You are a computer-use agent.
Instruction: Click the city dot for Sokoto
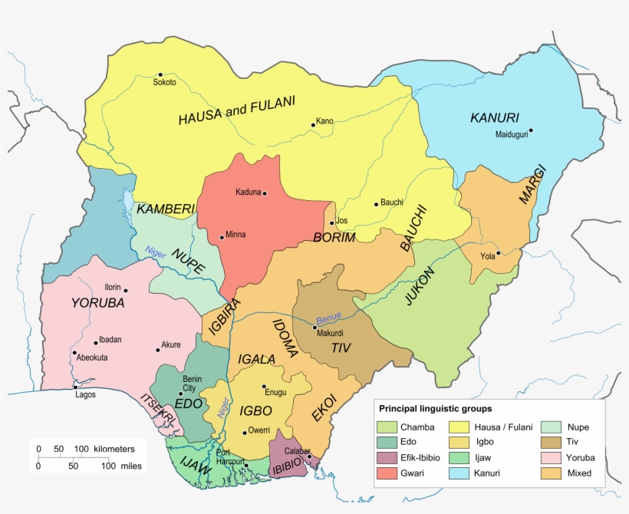160,74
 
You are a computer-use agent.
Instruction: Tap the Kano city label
324,121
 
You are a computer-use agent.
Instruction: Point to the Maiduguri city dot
530,130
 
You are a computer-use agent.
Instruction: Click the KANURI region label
494,118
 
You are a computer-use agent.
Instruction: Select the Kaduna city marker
265,193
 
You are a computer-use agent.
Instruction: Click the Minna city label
235,235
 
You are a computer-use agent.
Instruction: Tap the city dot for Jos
331,222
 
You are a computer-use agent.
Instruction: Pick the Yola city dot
498,253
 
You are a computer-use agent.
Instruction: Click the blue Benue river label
328,317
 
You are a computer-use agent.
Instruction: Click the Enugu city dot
264,386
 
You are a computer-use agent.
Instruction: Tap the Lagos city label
86,395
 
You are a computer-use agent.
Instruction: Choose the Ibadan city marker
95,343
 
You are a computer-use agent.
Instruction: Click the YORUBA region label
97,303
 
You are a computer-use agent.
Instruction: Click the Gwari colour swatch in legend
389,473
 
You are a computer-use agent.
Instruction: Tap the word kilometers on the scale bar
114,448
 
